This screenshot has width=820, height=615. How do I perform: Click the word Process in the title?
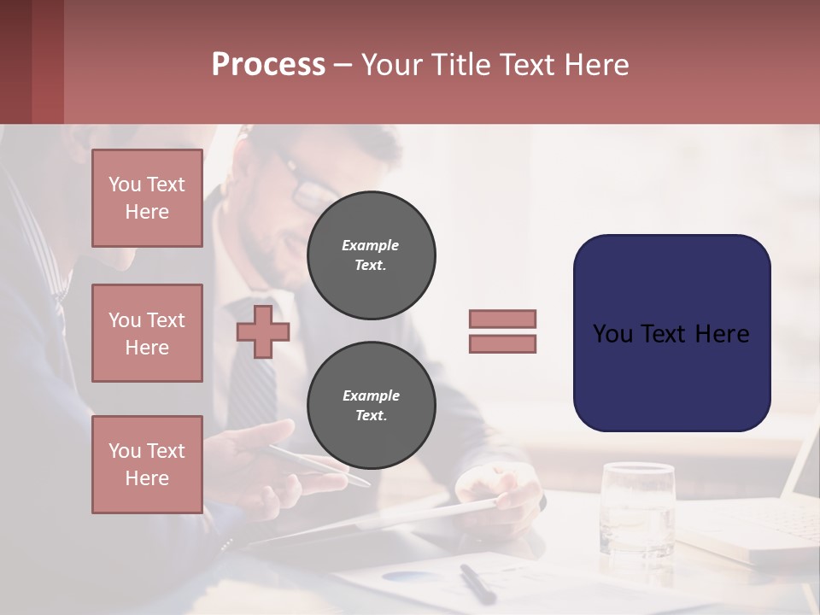point(268,65)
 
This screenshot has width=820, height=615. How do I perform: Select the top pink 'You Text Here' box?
point(147,198)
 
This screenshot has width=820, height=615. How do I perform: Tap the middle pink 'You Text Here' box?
point(147,333)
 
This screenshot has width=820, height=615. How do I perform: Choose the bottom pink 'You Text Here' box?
point(147,465)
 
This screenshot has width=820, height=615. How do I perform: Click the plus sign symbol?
point(263,331)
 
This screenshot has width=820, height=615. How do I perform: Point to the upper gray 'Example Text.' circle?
point(371,255)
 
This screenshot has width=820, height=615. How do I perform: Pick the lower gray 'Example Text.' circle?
point(371,406)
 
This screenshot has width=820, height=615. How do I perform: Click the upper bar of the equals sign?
point(502,319)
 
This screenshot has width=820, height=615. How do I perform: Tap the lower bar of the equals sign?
point(502,344)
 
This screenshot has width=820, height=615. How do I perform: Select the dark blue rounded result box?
point(671,333)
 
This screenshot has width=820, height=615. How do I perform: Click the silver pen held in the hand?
point(316,464)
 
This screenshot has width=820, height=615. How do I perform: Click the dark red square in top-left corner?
point(32,61)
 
